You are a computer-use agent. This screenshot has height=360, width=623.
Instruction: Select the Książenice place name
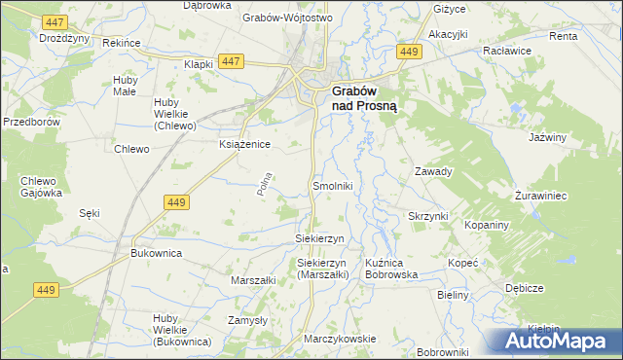tap(243, 143)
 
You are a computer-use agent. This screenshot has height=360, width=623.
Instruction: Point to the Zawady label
tap(434, 171)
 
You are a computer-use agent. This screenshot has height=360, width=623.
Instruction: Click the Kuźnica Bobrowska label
tap(391, 269)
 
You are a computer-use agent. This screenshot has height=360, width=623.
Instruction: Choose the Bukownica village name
tap(157, 252)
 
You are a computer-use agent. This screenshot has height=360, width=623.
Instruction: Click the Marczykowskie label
tap(340, 339)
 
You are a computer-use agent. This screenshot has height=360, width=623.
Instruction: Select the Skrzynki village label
tap(427, 215)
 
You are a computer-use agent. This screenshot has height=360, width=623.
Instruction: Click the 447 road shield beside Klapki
tap(231, 61)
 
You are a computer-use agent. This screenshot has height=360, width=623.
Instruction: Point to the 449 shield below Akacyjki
tap(410, 52)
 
